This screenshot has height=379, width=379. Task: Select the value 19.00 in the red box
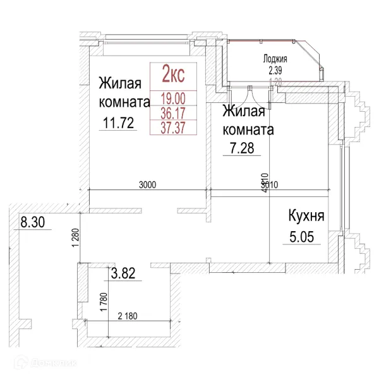[173, 99]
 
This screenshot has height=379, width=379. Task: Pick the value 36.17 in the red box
[173, 113]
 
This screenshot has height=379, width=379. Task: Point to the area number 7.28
[241, 150]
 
